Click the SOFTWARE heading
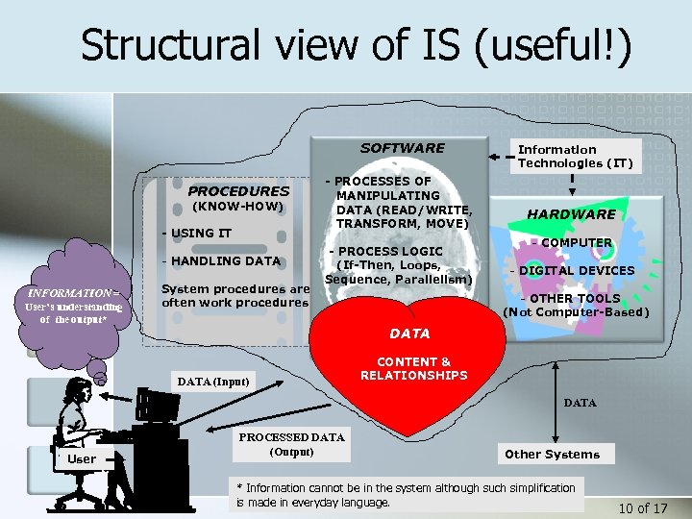402,148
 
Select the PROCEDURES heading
237,190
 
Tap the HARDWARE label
572,213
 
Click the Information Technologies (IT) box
575,156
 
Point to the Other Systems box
552,454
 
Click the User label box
82,458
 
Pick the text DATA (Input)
213,382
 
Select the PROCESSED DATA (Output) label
291,444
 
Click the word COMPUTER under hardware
577,243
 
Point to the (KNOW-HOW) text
237,206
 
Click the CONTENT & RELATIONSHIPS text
413,368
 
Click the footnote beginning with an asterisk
405,495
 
